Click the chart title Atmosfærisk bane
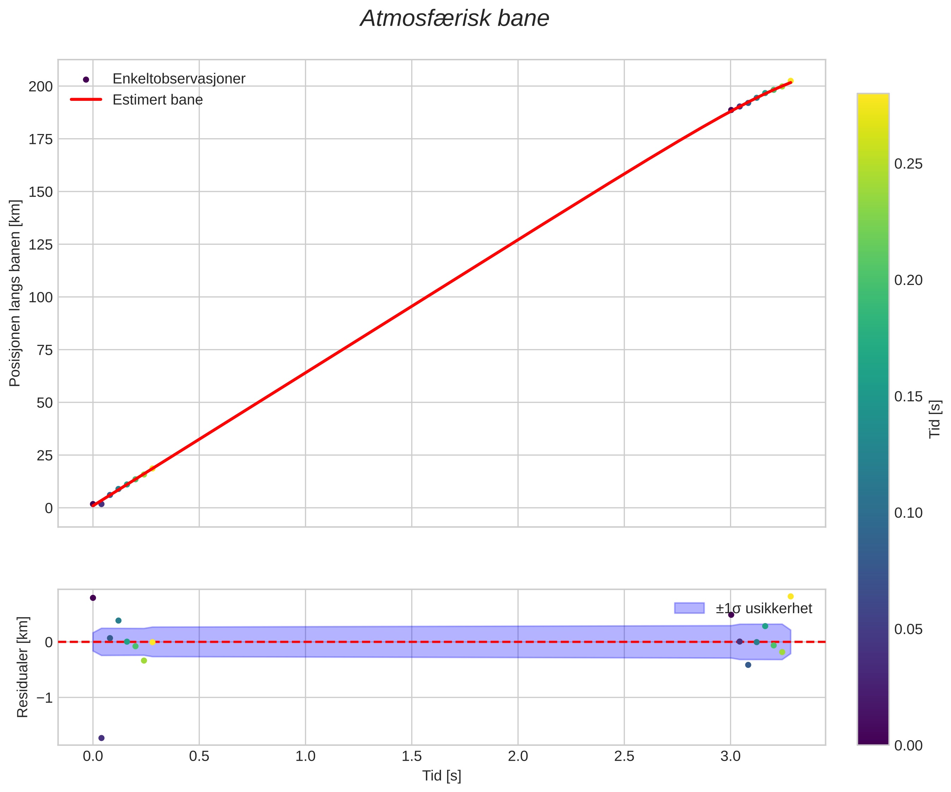pyautogui.click(x=454, y=19)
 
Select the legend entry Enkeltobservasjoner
pyautogui.click(x=179, y=79)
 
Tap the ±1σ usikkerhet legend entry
pyautogui.click(x=764, y=608)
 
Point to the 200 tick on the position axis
pyautogui.click(x=41, y=86)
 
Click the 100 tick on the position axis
pyautogui.click(x=41, y=297)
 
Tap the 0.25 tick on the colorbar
pyautogui.click(x=908, y=164)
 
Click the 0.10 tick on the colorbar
pyautogui.click(x=908, y=513)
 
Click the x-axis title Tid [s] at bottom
pyautogui.click(x=441, y=776)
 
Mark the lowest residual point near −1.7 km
pyautogui.click(x=101, y=738)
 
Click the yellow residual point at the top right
pyautogui.click(x=791, y=597)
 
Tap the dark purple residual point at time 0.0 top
pyautogui.click(x=93, y=598)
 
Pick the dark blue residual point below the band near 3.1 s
pyautogui.click(x=748, y=665)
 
